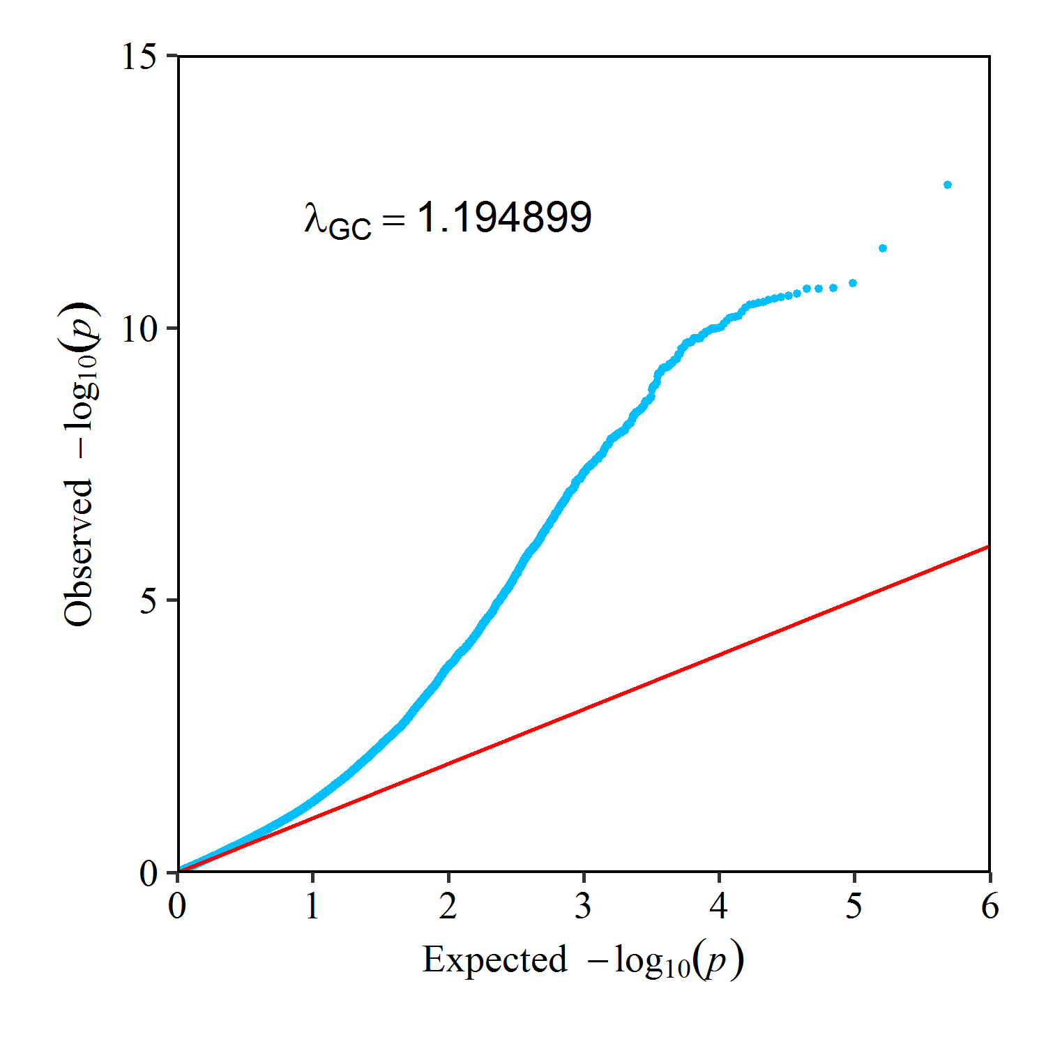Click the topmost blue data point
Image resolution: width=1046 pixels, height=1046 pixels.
point(947,185)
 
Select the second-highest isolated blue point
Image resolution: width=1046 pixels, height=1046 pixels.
point(883,248)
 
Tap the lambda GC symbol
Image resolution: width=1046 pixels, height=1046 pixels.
point(337,220)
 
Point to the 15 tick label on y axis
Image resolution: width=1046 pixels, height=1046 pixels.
point(139,56)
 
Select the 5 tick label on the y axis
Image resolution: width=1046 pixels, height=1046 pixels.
point(148,600)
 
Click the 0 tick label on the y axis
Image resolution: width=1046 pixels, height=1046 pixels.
point(148,872)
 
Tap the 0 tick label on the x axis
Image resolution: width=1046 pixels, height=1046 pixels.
point(178,906)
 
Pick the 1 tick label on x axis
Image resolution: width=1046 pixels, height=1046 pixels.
point(312,906)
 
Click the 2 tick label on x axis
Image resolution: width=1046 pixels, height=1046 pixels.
point(448,906)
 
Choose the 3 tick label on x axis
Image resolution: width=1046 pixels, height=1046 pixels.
point(584,906)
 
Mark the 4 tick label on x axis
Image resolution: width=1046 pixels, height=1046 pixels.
point(719,906)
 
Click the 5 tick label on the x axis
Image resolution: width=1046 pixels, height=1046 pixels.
point(854,906)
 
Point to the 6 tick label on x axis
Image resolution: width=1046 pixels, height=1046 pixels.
point(990,906)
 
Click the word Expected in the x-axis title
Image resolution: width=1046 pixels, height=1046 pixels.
point(494,960)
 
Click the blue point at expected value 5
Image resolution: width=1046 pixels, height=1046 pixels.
point(852,283)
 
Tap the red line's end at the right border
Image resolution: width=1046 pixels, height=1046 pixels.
point(988,547)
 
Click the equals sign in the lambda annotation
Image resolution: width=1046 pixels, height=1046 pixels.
point(394,220)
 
